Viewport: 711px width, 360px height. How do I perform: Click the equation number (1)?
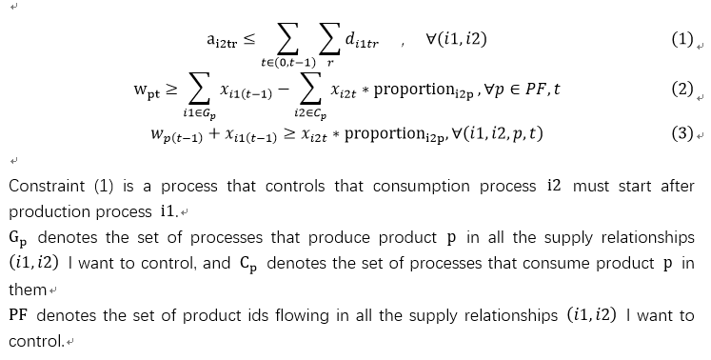coord(681,40)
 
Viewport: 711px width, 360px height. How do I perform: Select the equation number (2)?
coord(681,90)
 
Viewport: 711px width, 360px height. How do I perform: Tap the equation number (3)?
coord(681,133)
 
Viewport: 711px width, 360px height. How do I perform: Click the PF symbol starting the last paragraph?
coord(19,315)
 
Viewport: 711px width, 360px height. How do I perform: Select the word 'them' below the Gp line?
coord(26,289)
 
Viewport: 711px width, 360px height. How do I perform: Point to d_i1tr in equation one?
coord(362,42)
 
